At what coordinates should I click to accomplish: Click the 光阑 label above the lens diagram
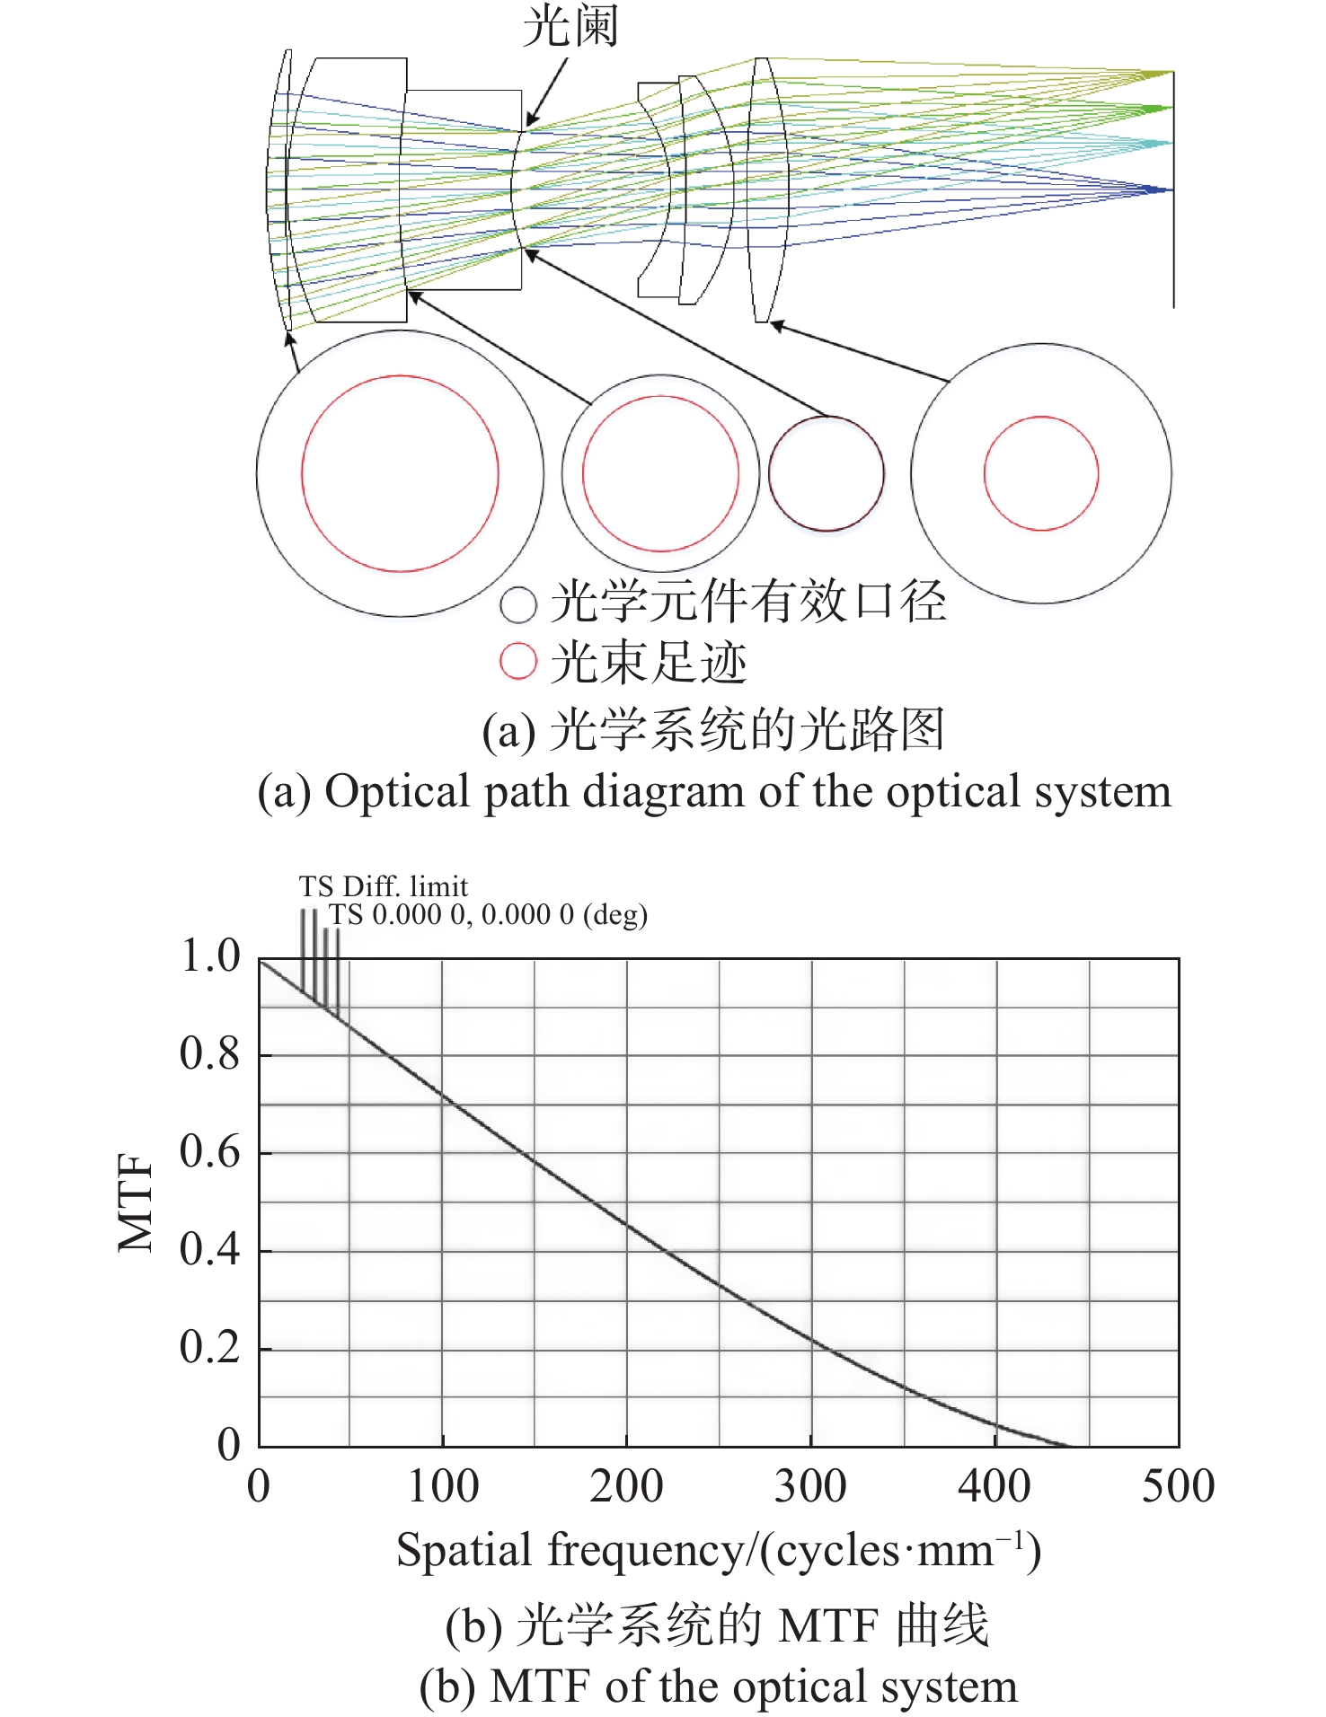(570, 26)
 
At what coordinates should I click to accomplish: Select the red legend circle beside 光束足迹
(518, 662)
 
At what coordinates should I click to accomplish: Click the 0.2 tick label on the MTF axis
(210, 1346)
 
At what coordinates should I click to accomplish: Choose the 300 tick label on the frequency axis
(810, 1485)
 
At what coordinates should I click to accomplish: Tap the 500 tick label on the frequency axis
(1178, 1485)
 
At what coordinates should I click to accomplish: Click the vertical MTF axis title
(137, 1202)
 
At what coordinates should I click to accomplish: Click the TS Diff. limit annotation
(384, 886)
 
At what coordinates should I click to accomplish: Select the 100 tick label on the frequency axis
(443, 1485)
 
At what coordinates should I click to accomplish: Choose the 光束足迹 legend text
(649, 663)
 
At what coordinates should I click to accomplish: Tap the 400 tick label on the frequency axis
(994, 1485)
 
